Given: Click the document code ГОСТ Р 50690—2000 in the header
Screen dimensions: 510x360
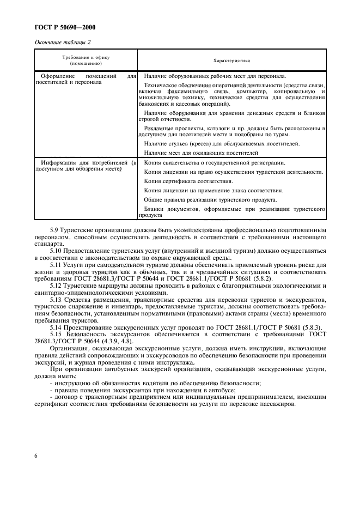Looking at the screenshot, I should point(61,27).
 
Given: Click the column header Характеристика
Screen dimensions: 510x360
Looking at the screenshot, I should point(232,60).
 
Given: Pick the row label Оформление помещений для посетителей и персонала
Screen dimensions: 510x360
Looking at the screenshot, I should point(85,80).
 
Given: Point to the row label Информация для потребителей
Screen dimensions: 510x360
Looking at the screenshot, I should point(85,166).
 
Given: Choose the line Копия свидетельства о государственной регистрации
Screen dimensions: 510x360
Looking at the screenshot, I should point(215,163).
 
